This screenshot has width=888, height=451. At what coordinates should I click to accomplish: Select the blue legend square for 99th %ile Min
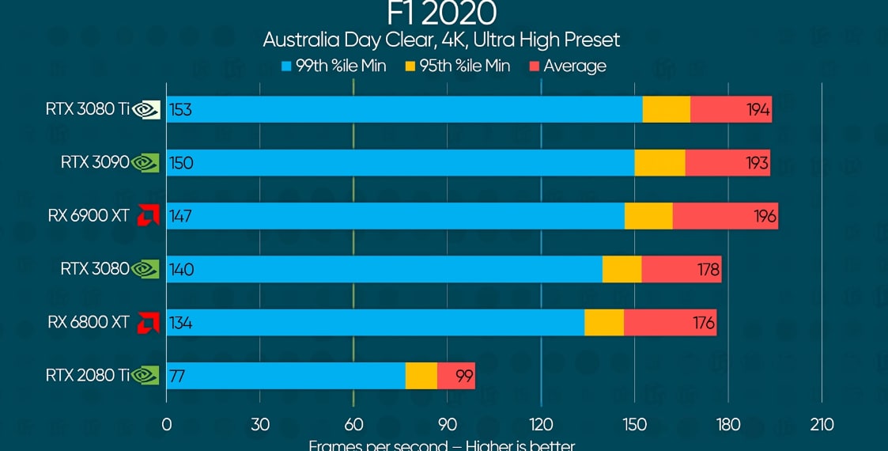pyautogui.click(x=287, y=66)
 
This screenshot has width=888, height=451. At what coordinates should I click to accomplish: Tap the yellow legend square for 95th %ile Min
pyautogui.click(x=410, y=66)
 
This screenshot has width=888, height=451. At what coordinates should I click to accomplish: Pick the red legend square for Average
pyautogui.click(x=534, y=66)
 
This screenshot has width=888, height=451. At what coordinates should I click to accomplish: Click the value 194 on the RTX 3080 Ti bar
pyautogui.click(x=758, y=110)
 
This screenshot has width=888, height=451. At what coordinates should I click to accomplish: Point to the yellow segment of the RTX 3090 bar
pyautogui.click(x=659, y=163)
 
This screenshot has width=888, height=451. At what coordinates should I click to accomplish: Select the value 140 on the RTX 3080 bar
pyautogui.click(x=181, y=270)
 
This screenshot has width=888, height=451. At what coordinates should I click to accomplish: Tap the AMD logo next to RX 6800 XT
pyautogui.click(x=146, y=323)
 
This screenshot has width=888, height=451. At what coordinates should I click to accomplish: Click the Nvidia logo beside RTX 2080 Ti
pyautogui.click(x=145, y=376)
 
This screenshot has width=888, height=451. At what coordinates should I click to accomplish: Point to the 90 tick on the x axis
pyautogui.click(x=447, y=425)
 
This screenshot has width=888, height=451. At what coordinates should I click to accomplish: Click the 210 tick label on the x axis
pyautogui.click(x=822, y=425)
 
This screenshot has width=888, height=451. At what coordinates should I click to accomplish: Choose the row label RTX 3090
pyautogui.click(x=94, y=163)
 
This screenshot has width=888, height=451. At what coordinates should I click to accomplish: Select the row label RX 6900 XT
pyautogui.click(x=88, y=216)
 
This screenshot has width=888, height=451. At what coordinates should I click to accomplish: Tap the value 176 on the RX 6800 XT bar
pyautogui.click(x=703, y=323)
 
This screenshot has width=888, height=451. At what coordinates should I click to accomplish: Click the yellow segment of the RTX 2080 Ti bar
pyautogui.click(x=421, y=376)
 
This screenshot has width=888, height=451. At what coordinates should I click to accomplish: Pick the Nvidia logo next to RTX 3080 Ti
pyautogui.click(x=146, y=110)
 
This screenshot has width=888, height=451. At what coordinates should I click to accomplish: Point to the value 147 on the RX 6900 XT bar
pyautogui.click(x=180, y=216)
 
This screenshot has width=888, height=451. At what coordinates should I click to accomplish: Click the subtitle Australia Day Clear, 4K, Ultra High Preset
pyautogui.click(x=441, y=40)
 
